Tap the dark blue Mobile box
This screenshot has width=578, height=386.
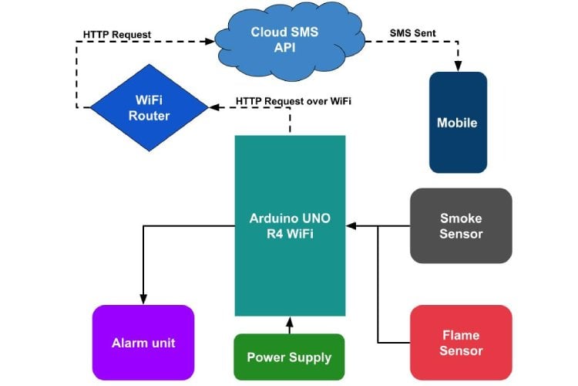(458, 122)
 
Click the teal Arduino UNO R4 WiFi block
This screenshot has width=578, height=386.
(290, 225)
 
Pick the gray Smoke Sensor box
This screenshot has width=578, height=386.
(461, 225)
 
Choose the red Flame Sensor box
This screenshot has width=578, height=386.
(461, 342)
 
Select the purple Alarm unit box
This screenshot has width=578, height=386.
(143, 342)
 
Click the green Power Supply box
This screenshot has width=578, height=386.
(289, 357)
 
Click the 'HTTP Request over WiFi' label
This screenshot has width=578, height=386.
(293, 102)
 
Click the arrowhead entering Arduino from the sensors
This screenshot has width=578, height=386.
(351, 226)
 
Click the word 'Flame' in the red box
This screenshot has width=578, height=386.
(461, 335)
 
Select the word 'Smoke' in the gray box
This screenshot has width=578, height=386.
(461, 218)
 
